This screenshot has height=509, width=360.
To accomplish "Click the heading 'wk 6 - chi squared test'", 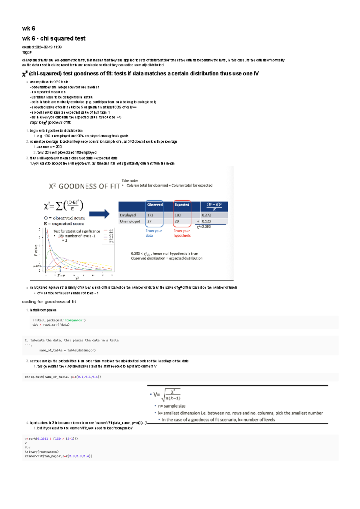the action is click(x=54, y=38).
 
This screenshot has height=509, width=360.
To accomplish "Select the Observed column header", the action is click(x=155, y=205).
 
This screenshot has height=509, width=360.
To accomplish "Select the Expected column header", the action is click(x=182, y=205).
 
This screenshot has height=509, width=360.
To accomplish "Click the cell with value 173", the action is click(x=150, y=215).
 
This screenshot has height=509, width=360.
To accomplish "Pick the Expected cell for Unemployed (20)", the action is click(x=177, y=221).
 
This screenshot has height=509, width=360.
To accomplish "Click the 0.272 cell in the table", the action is click(x=206, y=215).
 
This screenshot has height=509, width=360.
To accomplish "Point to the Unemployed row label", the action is click(x=130, y=221).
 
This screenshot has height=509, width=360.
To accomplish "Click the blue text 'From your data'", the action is click(x=154, y=233).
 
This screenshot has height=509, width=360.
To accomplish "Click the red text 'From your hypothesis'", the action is click(x=182, y=233).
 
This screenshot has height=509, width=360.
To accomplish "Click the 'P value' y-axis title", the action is click(x=36, y=250).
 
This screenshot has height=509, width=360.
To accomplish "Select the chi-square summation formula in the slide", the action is click(x=64, y=206).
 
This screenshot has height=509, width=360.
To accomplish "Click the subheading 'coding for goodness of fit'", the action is click(x=49, y=302).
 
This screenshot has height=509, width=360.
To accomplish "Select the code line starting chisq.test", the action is click(x=63, y=377).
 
